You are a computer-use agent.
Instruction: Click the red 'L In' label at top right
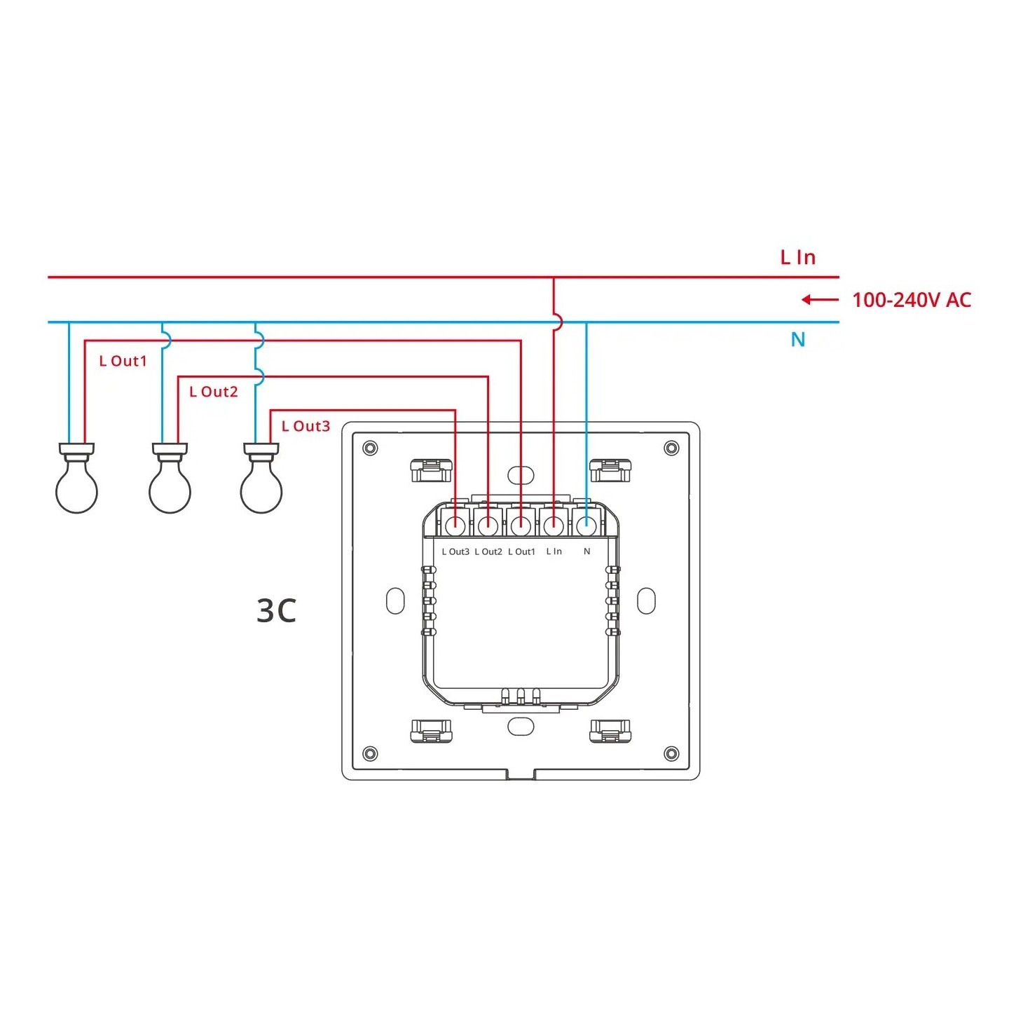point(798,258)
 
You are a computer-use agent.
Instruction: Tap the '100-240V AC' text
point(911,301)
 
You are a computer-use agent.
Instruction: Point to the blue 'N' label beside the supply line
point(797,340)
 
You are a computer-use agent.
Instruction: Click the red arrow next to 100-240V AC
point(819,300)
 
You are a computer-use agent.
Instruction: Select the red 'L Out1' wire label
point(123,362)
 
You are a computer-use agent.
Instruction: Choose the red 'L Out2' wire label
point(214,392)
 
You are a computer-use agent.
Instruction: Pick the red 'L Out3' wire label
point(306,427)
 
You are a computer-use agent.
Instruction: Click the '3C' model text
point(277,611)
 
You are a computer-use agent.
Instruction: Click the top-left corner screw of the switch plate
point(370,448)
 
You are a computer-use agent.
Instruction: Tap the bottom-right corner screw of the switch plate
point(671,754)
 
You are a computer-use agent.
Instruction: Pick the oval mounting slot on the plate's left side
point(396,601)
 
